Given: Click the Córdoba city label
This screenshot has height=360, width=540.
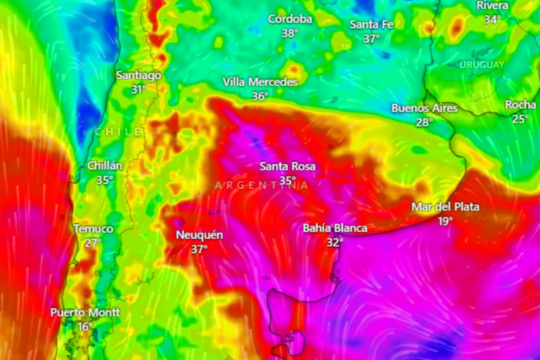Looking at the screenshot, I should pyautogui.click(x=290, y=19).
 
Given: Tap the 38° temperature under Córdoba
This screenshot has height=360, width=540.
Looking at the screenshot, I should pyautogui.click(x=290, y=33).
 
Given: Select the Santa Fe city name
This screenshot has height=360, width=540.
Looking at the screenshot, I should pyautogui.click(x=371, y=25).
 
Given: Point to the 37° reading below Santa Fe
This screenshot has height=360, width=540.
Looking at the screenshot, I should pyautogui.click(x=371, y=39).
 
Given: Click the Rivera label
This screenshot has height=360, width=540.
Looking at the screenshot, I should pyautogui.click(x=492, y=6).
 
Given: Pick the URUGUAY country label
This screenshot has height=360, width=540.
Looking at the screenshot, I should pyautogui.click(x=482, y=65).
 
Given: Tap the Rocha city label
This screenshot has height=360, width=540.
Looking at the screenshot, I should pyautogui.click(x=520, y=105).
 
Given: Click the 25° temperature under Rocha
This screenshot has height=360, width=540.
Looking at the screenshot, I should pyautogui.click(x=520, y=119).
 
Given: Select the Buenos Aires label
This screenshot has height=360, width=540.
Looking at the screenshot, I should pyautogui.click(x=424, y=108).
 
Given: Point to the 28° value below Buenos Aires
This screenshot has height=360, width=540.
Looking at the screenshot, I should pyautogui.click(x=424, y=122).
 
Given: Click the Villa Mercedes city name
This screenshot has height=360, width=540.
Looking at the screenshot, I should pyautogui.click(x=260, y=82).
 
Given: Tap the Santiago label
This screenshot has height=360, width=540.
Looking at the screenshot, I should pyautogui.click(x=139, y=75).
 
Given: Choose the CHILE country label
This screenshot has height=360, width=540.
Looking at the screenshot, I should pyautogui.click(x=118, y=131).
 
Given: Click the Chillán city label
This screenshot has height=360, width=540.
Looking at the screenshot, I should pyautogui.click(x=105, y=166).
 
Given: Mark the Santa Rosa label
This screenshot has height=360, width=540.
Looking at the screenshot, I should pyautogui.click(x=288, y=167).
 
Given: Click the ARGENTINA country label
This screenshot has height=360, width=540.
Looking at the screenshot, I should pyautogui.click(x=262, y=185).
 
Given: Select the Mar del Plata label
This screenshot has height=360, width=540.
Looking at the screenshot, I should pyautogui.click(x=445, y=207).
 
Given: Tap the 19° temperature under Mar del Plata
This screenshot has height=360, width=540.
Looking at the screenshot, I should pyautogui.click(x=445, y=221).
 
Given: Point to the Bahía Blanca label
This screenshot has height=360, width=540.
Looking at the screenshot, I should pyautogui.click(x=335, y=228).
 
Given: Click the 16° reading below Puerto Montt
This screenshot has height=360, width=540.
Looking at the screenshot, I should pyautogui.click(x=85, y=326).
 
